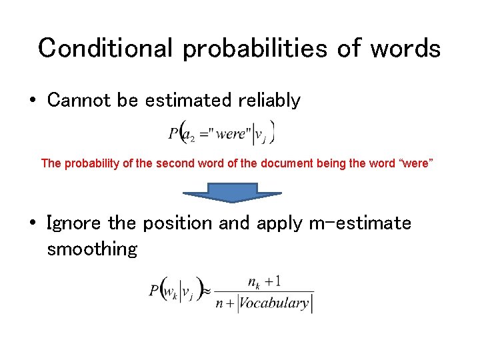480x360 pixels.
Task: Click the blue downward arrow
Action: point(233,193)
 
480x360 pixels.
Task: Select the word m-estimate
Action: point(360,223)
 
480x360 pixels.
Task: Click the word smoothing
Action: point(92,249)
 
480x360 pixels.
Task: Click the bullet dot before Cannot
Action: point(32,101)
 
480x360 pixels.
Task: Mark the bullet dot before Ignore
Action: point(32,223)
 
